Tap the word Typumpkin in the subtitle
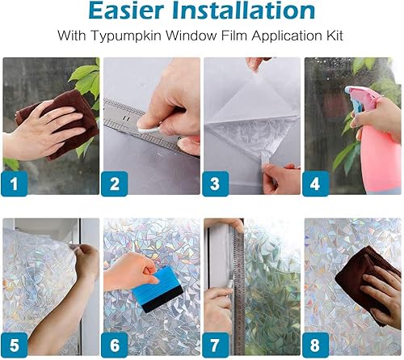[x=152, y=37]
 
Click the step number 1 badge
[x=14, y=183]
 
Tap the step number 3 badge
[x=215, y=183]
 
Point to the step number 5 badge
[x=14, y=344]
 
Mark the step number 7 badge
[x=215, y=344]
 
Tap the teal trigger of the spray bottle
[x=356, y=94]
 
